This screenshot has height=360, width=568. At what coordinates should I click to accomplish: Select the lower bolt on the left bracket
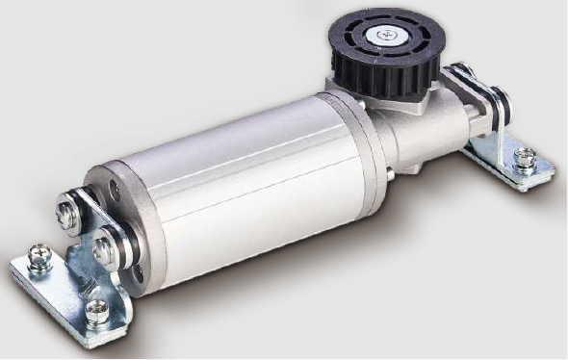(x=104, y=251)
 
